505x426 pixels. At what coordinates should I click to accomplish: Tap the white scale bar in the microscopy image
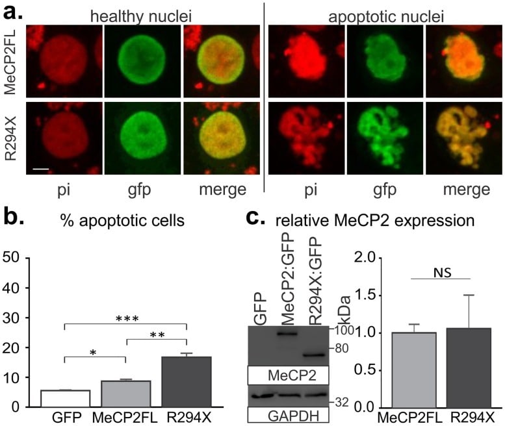coord(38,169)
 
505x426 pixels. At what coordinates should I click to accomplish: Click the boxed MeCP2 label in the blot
coord(289,375)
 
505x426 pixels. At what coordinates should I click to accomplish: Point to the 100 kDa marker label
coord(343,331)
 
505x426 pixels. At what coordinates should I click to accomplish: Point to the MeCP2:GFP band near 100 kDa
coord(287,333)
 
